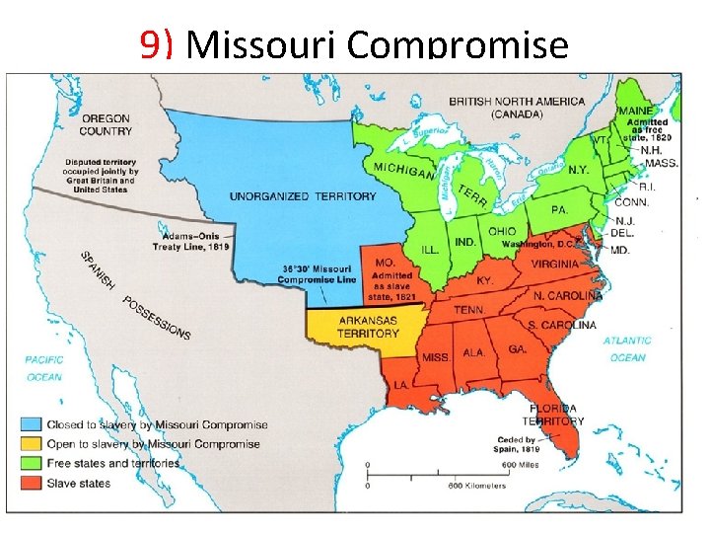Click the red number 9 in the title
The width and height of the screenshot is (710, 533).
coord(150,44)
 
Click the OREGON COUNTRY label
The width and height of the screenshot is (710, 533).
coord(106,125)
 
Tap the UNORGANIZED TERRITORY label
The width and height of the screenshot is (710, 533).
coord(303,196)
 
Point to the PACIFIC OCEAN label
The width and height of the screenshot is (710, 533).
coord(44,368)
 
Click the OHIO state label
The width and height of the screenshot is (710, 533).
coord(502,231)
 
